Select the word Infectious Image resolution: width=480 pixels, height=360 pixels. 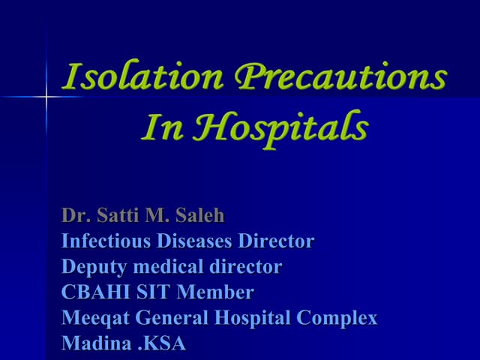(106, 241)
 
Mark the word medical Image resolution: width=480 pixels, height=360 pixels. (162, 267)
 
